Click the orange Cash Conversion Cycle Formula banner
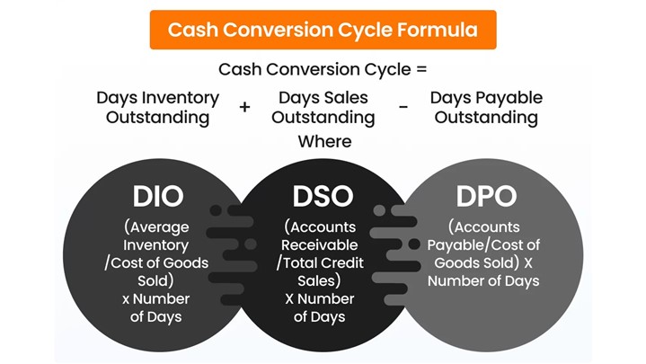(323, 30)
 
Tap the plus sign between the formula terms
(244, 107)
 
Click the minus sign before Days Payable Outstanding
(403, 107)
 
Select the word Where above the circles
(324, 141)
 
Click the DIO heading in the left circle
(158, 196)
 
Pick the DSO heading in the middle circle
(323, 196)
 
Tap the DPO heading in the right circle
(486, 196)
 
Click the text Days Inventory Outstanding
(158, 107)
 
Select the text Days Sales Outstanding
(323, 107)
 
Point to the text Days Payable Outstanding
(486, 107)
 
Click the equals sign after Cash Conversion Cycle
(422, 69)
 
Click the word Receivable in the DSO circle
(319, 244)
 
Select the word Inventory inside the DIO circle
(155, 245)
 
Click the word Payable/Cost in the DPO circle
(483, 245)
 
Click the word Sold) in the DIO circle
(155, 280)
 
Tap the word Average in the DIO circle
(159, 227)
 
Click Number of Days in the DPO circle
(483, 280)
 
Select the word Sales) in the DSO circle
(319, 280)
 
